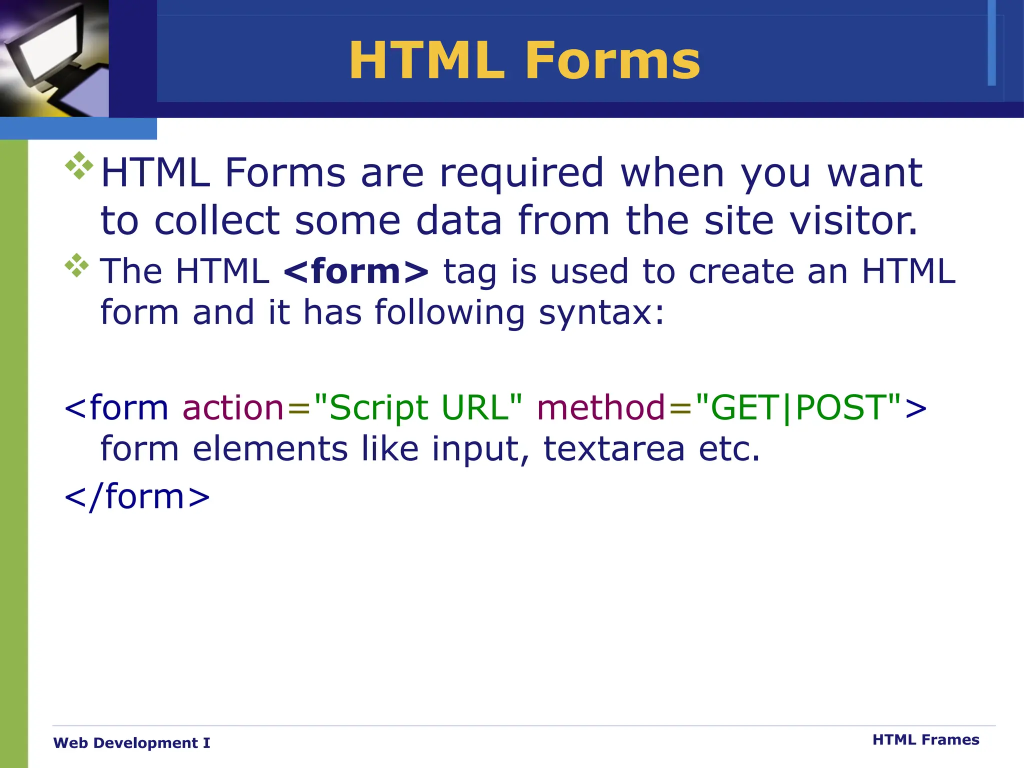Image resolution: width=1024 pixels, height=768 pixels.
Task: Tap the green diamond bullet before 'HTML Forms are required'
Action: point(79,165)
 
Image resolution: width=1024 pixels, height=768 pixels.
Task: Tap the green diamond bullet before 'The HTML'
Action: point(76,265)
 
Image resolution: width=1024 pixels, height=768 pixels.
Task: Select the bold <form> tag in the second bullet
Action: point(356,271)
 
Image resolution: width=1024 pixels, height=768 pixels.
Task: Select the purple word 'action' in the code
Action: point(233,407)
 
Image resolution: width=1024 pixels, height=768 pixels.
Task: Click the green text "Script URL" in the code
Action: point(418,407)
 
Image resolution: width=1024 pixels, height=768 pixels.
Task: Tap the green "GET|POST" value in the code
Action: point(798,407)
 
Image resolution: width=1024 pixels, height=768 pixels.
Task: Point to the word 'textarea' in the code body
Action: point(614,448)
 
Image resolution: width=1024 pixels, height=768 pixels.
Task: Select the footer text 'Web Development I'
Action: point(131,743)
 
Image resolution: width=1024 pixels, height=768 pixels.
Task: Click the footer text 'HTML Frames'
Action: point(925,739)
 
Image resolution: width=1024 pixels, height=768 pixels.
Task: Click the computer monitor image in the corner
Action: point(54,58)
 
